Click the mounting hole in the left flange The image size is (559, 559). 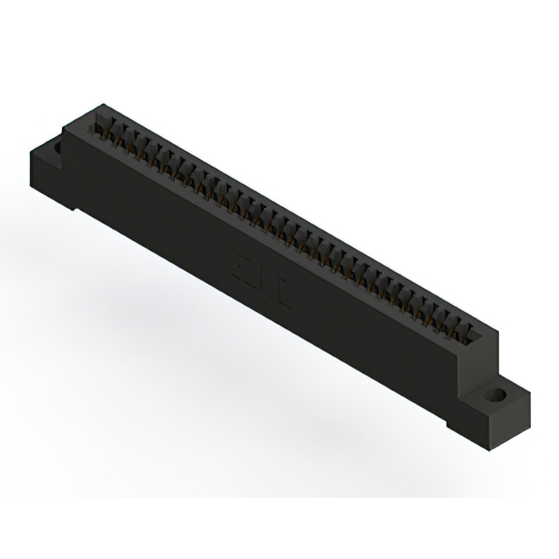[x=59, y=148]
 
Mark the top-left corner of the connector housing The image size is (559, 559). [x=94, y=107]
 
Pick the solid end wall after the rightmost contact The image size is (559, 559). [x=487, y=336]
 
